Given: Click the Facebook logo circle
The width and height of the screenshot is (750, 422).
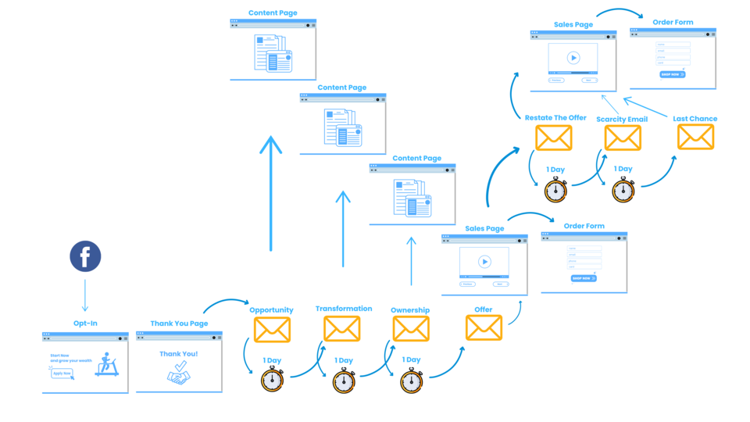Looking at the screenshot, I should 85,256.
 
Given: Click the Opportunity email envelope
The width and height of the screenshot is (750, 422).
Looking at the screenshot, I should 272,330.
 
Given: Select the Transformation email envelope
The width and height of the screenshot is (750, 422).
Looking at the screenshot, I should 342,328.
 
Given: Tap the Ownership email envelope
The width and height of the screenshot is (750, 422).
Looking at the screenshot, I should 411,328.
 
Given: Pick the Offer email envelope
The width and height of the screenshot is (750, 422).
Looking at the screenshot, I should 484,327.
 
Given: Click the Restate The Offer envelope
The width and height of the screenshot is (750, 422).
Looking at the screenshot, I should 554,138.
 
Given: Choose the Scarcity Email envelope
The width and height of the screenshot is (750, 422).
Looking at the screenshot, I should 623,138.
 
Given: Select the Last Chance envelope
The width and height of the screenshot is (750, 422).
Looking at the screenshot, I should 695,137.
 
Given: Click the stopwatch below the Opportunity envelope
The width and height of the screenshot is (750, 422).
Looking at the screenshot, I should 272,381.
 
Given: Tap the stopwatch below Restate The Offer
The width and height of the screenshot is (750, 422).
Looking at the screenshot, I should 555,190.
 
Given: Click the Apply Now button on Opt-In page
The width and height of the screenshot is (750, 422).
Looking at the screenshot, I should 62,374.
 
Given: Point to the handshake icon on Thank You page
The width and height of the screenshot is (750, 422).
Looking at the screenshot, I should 179,377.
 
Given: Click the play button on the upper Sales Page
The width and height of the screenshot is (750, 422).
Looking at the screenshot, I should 573,58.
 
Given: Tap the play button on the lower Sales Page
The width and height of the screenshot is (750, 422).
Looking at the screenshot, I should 484,262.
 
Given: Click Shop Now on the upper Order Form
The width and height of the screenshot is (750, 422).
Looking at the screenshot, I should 672,75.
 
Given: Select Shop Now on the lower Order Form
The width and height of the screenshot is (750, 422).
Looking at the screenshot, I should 583,278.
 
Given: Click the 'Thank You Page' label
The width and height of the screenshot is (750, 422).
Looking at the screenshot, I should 179,324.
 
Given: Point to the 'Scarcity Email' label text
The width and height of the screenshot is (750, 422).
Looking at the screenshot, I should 622,120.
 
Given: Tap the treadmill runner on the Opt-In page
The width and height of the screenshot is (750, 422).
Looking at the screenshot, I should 107,364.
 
